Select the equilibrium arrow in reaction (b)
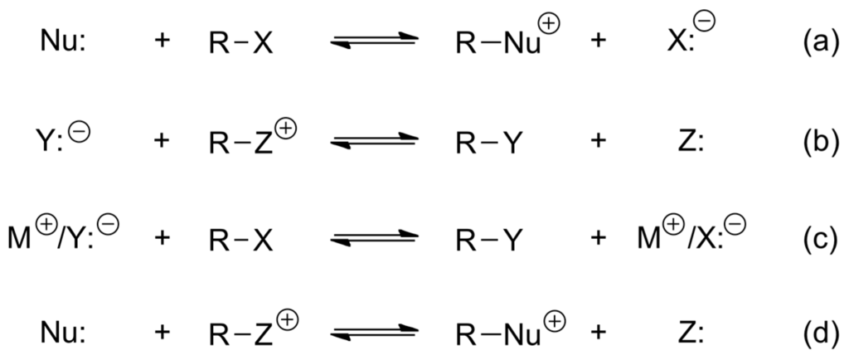pos(372,143)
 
